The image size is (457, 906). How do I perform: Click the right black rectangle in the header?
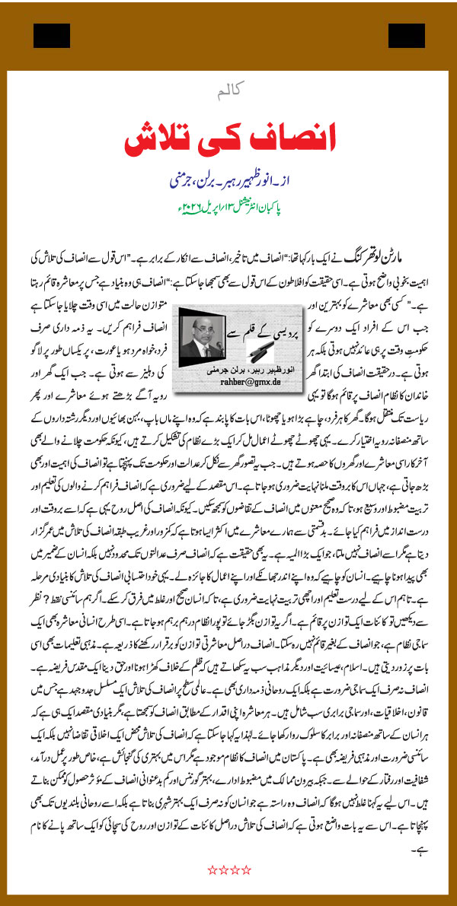[x=406, y=35]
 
